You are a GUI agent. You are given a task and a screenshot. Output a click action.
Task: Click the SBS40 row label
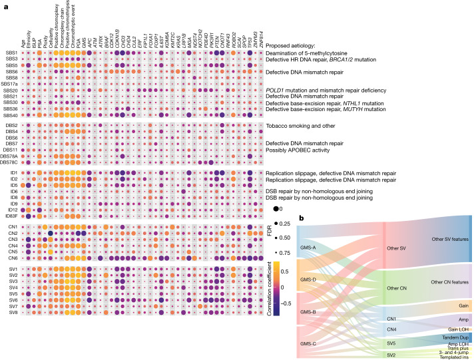click(x=10, y=115)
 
